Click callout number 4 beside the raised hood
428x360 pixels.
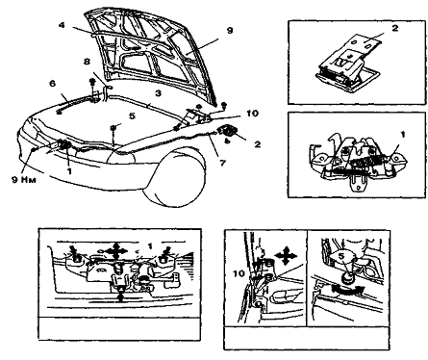[62, 25]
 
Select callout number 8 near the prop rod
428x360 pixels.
[87, 61]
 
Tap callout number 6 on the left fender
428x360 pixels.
[52, 84]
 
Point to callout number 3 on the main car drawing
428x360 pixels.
[158, 93]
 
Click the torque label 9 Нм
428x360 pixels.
[24, 179]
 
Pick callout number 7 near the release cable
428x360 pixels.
[223, 163]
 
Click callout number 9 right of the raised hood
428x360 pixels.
[230, 31]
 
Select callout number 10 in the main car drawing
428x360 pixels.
[253, 114]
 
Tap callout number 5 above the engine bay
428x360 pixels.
[133, 116]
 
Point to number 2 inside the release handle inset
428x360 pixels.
[395, 28]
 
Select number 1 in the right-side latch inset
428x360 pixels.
[403, 135]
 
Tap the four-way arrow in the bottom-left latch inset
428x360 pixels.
[115, 249]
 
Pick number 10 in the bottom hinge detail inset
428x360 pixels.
[239, 273]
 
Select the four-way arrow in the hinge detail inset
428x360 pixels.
[286, 256]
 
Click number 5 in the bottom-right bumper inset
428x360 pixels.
[341, 257]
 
